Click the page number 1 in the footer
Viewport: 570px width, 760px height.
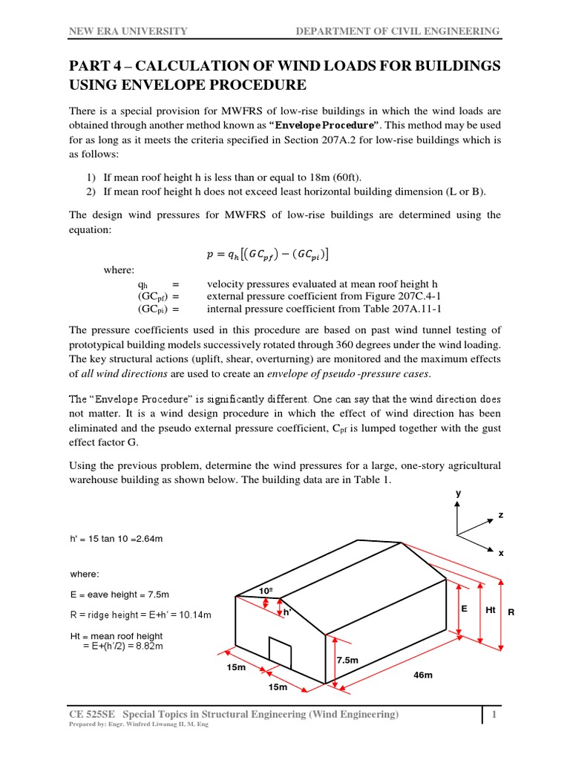[x=492, y=714]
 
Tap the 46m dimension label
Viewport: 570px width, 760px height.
[x=422, y=676]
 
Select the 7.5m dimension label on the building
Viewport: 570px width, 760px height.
[x=347, y=660]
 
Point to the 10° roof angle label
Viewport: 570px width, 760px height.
[x=266, y=590]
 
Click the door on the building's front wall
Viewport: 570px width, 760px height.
[x=280, y=655]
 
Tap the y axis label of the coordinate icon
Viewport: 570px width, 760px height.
[x=458, y=492]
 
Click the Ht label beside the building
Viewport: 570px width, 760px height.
[x=490, y=609]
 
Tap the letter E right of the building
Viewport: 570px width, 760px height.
[x=465, y=607]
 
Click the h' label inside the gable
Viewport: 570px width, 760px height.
[x=286, y=612]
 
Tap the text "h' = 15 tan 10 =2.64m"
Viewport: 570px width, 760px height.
[x=116, y=538]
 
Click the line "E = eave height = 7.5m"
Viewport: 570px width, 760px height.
[x=119, y=594]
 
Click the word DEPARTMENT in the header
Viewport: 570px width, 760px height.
[x=332, y=31]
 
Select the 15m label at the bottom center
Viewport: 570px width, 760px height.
[x=278, y=688]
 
